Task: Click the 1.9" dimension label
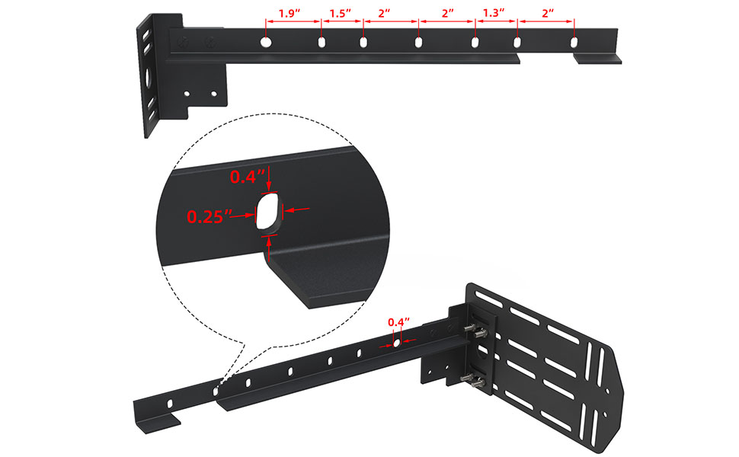coord(290,13)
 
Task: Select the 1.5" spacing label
coord(341,13)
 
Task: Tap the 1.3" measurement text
coord(494,13)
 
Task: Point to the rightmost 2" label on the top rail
coord(548,13)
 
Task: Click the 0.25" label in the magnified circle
coord(210,217)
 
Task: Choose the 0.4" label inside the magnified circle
coord(248,177)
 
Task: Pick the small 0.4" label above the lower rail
coord(398,322)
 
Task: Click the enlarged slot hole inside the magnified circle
coord(269,212)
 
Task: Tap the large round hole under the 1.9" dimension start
coord(267,43)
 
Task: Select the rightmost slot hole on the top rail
coord(574,43)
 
